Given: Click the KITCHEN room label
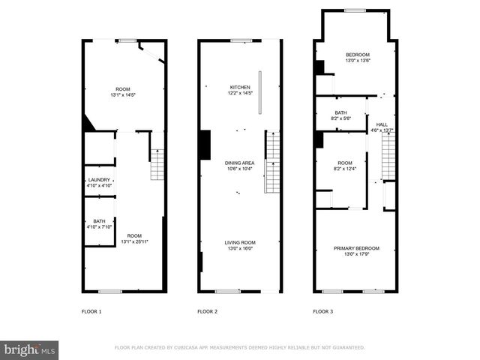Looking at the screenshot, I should pos(240,87).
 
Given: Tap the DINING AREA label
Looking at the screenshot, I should pos(240,163).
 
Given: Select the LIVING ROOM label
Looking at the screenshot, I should pos(240,242).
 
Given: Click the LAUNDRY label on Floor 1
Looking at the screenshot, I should pos(99,179).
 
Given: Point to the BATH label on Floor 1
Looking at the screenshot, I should pos(99,220).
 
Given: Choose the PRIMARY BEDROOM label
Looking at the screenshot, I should pos(356,248).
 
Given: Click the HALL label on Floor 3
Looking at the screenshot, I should pos(382,124).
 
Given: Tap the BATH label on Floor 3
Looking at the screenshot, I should pos(340,113).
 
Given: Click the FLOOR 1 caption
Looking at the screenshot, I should pos(91,310).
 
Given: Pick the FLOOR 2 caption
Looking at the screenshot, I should pos(208,310).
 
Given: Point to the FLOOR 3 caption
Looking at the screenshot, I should pos(323,310).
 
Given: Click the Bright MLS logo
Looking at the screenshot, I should pos(30,349).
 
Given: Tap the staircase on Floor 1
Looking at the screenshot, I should pos(157,164).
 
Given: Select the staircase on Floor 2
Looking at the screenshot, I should pos(273,161).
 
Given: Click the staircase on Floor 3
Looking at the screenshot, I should pos(388,157).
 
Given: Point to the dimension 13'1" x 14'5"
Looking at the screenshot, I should pos(123,95).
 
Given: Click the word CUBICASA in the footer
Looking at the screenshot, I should pos(193,348).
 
